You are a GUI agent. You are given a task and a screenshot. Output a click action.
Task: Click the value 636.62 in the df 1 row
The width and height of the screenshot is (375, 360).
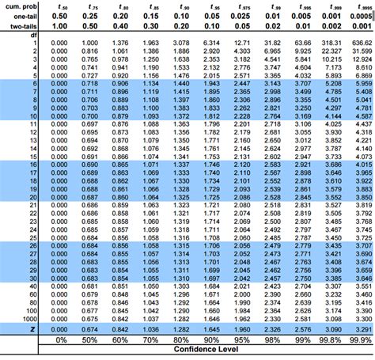point(361,41)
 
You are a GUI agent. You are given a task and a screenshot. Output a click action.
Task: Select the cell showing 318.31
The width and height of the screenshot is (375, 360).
point(331,41)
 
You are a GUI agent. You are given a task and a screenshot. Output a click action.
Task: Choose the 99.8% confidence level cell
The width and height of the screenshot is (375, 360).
point(331,339)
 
